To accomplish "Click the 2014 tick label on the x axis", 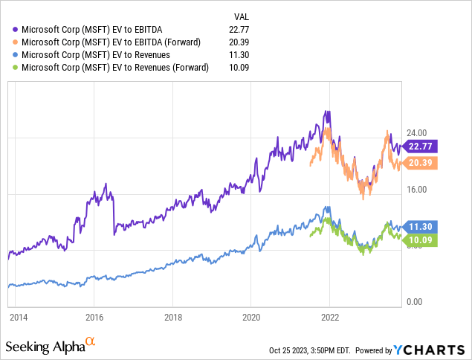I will (18, 317).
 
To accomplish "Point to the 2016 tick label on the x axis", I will (94, 317).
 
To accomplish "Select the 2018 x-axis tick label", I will (172, 317).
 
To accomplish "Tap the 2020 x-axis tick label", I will (250, 317).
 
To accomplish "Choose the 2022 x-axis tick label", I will (329, 317).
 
